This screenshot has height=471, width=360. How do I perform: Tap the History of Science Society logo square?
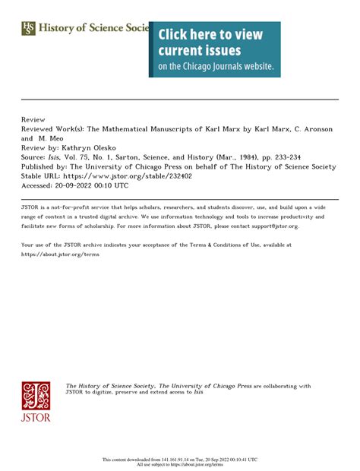coord(28,28)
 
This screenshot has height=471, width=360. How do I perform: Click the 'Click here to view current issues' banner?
coord(214,49)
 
